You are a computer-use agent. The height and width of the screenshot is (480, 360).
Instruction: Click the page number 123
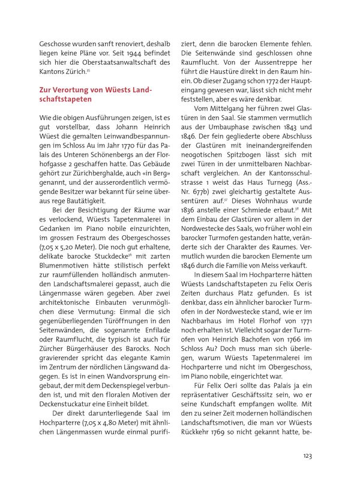coord(307,456)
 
